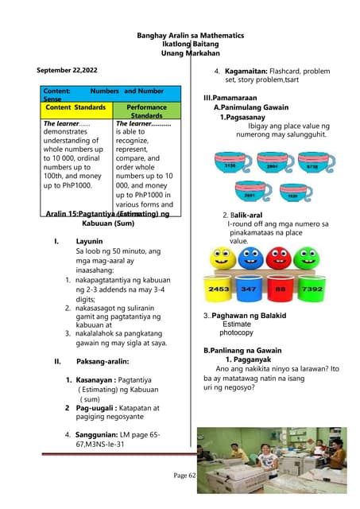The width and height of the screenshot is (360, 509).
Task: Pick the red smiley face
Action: click(277, 258)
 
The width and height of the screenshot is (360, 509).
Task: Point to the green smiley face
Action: click(305, 258)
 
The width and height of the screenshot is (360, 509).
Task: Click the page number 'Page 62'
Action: click(184, 475)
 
